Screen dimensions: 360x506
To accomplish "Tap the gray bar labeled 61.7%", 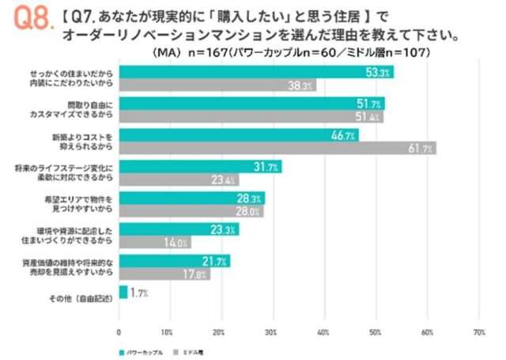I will tap(277, 148).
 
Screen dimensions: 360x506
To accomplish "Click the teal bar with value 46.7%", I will tap(238, 135).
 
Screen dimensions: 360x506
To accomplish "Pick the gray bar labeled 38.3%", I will tap(217, 85).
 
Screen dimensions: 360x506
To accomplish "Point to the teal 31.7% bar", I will tap(199, 166).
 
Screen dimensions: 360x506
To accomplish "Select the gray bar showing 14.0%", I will tap(154, 242).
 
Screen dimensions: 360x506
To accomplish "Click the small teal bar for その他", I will tap(123, 292).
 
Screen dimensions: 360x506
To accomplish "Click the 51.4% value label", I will tap(372, 117).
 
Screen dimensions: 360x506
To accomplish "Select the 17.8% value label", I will tap(199, 274).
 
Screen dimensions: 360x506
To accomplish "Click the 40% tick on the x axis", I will tap(323, 332).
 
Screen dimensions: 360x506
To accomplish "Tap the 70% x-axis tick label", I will tap(478, 332).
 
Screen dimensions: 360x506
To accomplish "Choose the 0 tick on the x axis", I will tap(119, 332).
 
